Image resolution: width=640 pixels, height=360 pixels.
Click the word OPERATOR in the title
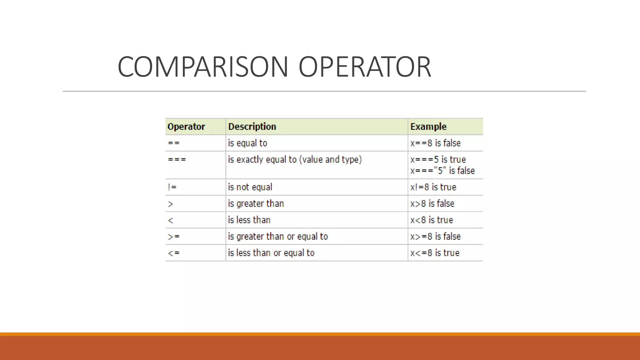(365, 67)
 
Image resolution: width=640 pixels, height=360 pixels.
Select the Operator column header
(186, 127)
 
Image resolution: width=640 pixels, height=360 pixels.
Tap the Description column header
(252, 127)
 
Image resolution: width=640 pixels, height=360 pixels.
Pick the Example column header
(428, 127)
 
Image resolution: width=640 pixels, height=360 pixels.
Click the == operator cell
(174, 143)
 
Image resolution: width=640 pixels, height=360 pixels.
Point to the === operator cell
(177, 159)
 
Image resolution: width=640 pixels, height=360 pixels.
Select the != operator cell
(172, 187)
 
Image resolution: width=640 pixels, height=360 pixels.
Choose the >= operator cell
(174, 237)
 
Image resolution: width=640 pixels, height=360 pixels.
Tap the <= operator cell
(174, 253)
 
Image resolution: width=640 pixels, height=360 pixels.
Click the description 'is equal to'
(247, 143)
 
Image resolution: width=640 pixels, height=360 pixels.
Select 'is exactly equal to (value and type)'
(295, 159)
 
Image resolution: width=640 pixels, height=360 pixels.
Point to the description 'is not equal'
(250, 187)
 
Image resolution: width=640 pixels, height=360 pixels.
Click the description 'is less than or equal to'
(271, 253)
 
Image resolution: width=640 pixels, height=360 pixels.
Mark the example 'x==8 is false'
(435, 143)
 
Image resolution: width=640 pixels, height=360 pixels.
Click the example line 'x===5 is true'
(438, 159)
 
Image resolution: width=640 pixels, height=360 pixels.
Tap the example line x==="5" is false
(442, 171)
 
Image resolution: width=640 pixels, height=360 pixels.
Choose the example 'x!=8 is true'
(433, 187)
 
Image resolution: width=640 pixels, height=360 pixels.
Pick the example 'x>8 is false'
(432, 204)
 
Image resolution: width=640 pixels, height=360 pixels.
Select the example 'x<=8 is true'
(435, 253)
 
